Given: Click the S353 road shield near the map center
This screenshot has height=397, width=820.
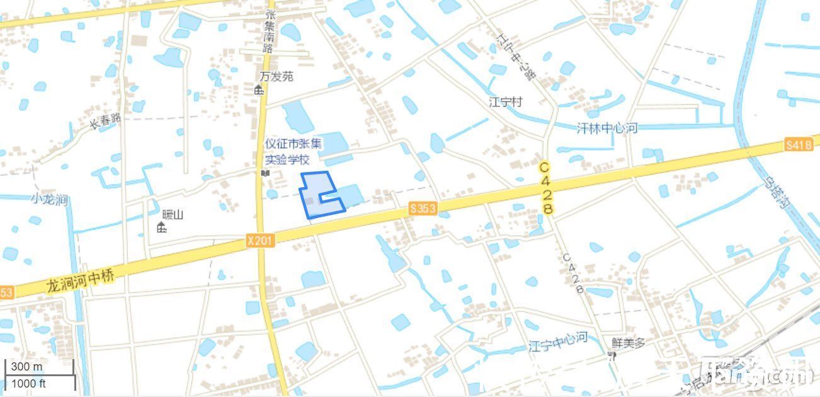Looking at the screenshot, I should coord(422,208).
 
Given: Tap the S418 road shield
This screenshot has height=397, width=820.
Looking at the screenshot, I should coord(798,145).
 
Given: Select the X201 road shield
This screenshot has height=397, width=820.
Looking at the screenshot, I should coord(259,240).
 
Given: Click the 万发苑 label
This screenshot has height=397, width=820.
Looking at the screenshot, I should coord(276,76).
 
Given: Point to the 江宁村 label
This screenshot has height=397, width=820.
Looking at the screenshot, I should coord(506,102).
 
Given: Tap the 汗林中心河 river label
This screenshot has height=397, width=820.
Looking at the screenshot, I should coord(607,129).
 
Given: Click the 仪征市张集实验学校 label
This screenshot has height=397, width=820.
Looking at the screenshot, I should coord(293,152).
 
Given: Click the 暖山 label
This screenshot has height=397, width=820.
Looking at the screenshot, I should coord(173,215).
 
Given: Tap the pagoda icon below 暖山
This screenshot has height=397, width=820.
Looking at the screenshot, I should coord(162,227).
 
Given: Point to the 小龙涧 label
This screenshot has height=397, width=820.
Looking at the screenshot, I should coord(49,200).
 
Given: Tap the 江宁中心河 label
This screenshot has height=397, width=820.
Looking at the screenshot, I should coord(558,342).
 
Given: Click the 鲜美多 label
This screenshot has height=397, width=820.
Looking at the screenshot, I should coord(629,343).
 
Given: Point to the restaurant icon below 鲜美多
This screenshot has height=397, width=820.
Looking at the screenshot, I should coord(611,356).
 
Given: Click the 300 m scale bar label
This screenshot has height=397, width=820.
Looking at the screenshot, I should coord(26,367).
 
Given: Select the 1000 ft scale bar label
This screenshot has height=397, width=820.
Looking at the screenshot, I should coord(29,383).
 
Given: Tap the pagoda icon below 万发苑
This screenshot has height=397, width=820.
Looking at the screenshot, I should coord(259,89).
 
